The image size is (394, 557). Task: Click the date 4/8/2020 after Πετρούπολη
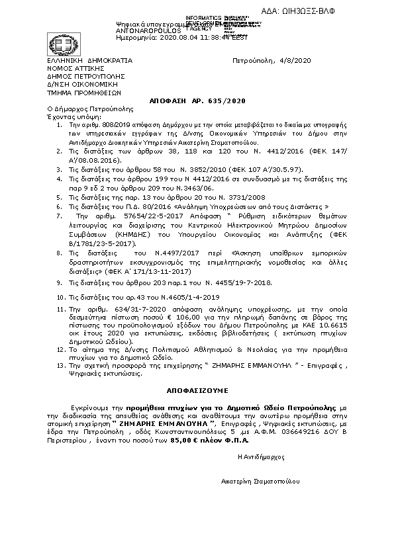(293, 60)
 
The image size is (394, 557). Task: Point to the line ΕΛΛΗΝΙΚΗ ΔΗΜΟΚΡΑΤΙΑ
(89, 60)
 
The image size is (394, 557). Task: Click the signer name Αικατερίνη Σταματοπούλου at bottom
(260, 481)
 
